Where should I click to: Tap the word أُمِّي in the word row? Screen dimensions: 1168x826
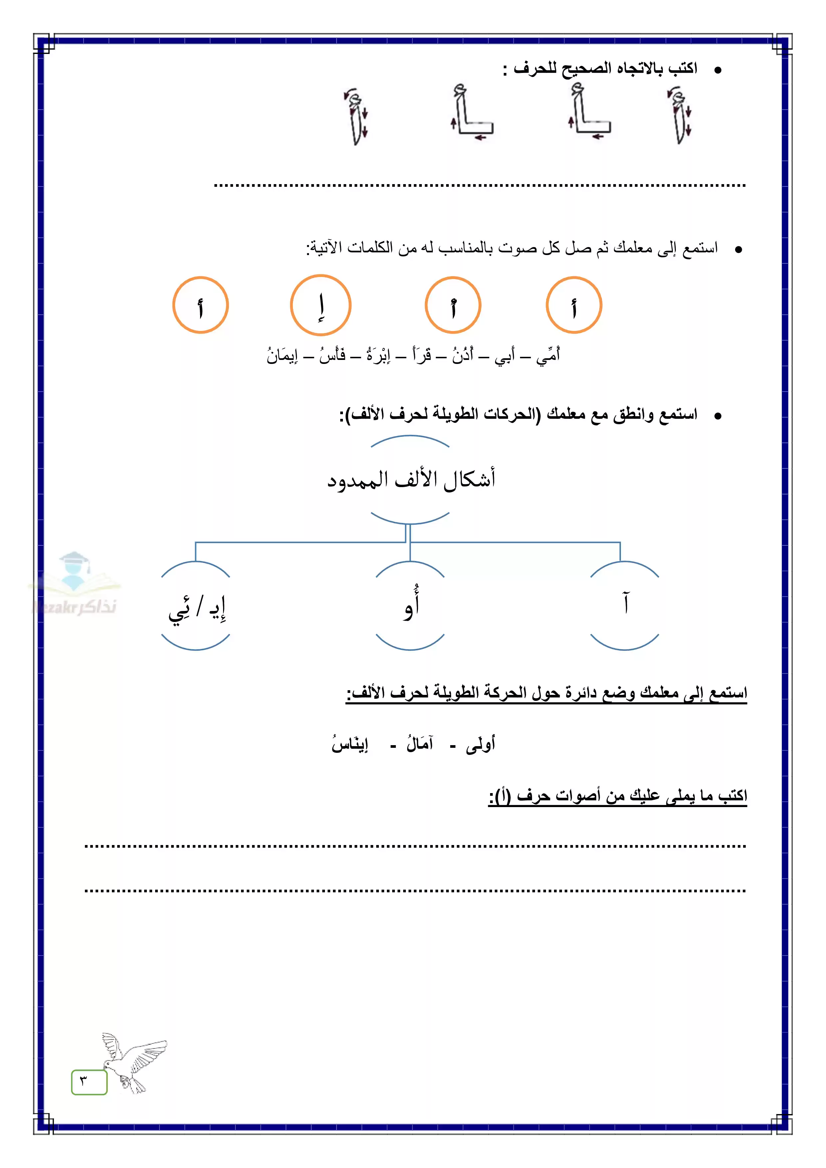[x=548, y=355]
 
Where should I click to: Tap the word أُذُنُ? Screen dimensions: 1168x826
[x=463, y=355]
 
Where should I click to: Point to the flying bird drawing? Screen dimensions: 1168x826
[x=132, y=1062]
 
